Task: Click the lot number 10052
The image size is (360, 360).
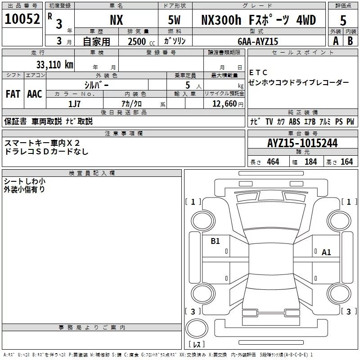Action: click(22, 19)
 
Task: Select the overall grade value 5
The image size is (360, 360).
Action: click(343, 20)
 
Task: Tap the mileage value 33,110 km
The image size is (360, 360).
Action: click(54, 64)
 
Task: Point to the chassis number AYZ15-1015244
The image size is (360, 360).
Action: click(302, 143)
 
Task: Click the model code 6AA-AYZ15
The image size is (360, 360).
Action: click(258, 41)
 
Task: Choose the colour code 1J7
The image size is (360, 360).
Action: click(74, 104)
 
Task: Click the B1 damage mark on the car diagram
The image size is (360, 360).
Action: click(215, 241)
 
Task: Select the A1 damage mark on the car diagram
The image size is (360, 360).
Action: click(326, 252)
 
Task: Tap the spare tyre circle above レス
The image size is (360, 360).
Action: click(197, 328)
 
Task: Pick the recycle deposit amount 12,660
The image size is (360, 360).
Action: click(224, 104)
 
